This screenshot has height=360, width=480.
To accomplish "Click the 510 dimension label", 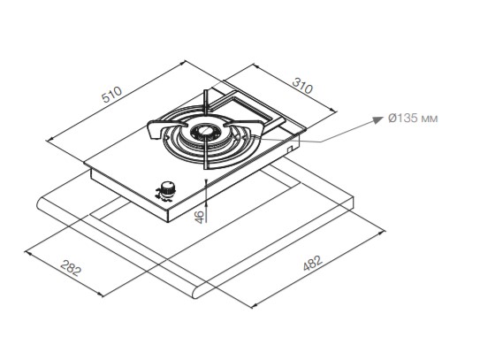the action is click(112, 95).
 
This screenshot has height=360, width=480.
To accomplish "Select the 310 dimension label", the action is click(302, 86).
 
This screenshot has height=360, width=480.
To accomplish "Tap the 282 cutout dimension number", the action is click(71, 268).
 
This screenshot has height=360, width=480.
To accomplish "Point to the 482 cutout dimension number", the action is click(313, 263).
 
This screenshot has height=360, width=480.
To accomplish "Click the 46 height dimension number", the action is click(199, 217).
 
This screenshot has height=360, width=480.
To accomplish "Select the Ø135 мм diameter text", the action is click(413, 118).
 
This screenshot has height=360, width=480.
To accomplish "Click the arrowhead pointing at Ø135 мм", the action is click(377, 119).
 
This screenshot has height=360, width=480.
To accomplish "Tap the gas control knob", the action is click(167, 189).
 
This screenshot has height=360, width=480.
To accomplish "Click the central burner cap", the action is click(204, 132).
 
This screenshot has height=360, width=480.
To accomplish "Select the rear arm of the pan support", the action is click(207, 103).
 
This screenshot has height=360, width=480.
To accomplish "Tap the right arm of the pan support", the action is click(245, 126).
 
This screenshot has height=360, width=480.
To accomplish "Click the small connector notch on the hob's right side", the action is click(290, 148).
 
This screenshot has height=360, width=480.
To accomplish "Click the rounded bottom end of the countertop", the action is click(198, 293).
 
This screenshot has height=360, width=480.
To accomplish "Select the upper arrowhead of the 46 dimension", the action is click(206, 182).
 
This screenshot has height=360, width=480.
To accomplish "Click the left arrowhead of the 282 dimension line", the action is click(28, 253).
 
